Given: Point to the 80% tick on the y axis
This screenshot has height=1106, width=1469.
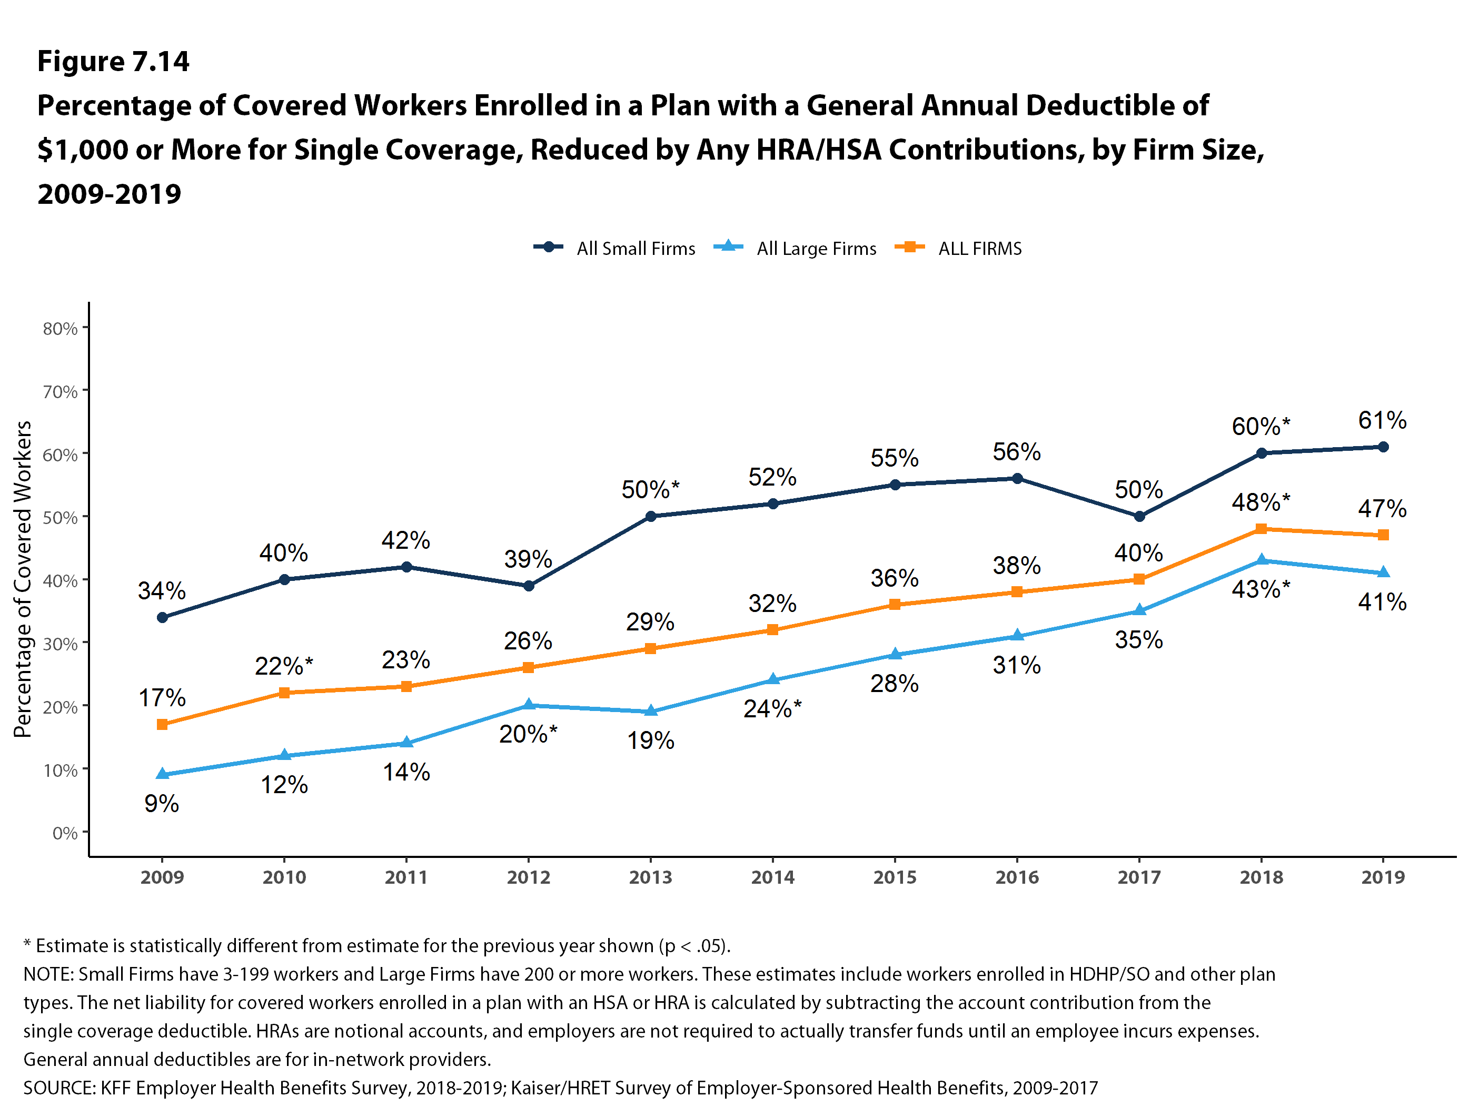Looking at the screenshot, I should coord(60,329).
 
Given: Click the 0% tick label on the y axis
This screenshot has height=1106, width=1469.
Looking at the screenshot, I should coord(65,833).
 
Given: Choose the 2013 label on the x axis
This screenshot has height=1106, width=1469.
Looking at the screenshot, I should coord(650,877).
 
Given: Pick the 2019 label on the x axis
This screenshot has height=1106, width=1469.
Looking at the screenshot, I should coord(1383,877).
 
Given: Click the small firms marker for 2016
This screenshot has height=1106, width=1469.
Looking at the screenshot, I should coord(1017,478).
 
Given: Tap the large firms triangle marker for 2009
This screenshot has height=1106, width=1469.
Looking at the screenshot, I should coord(162,774).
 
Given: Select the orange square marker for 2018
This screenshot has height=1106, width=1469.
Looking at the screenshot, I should coord(1261,529).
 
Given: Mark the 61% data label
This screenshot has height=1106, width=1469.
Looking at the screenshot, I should coord(1382,420).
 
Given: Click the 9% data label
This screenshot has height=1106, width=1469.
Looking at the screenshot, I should coord(161,804).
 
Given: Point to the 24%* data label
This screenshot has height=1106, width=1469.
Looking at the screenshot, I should coord(772,709).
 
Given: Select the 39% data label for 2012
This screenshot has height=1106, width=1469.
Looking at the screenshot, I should coord(528,559).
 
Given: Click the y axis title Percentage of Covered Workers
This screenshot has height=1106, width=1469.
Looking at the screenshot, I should coord(23,579).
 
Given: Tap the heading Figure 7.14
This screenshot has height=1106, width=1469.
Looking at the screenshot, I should coord(113,61).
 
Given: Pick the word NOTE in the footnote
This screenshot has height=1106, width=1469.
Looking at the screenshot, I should coord(48,974).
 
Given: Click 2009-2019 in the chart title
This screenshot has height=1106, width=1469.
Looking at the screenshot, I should coord(109,194).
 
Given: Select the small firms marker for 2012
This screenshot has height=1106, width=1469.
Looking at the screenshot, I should coord(529,586).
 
